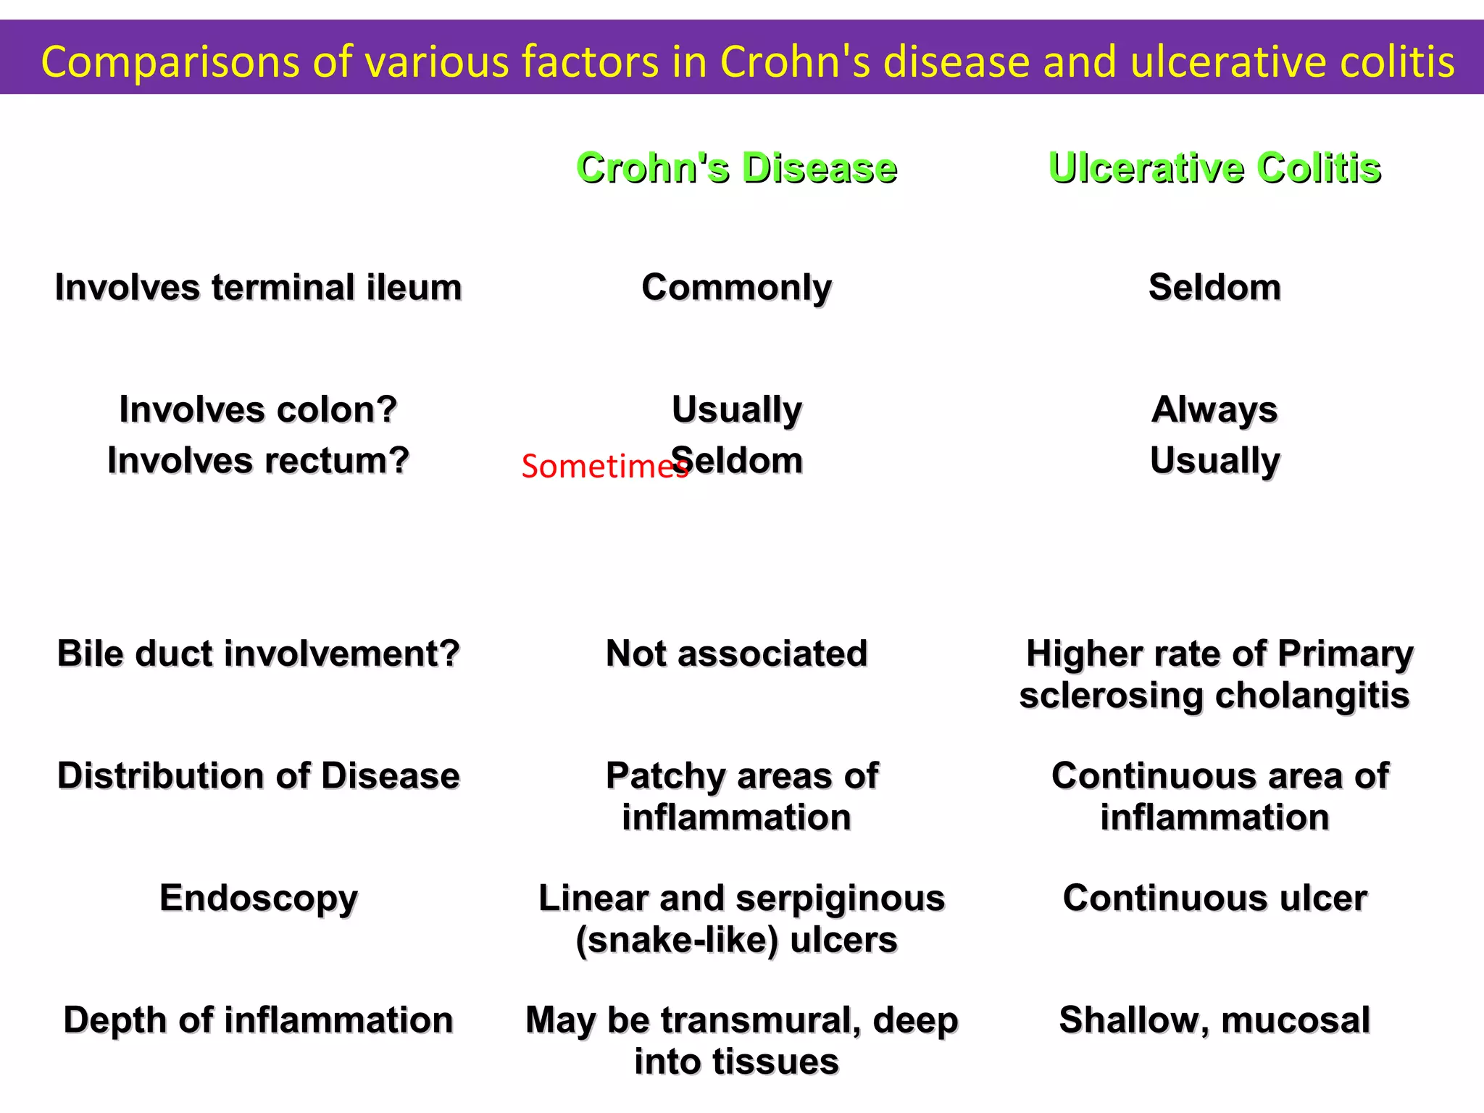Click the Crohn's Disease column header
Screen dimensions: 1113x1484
(736, 168)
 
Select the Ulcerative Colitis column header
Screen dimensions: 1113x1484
(1214, 168)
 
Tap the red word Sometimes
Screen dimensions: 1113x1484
(603, 467)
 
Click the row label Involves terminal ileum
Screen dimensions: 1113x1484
(258, 287)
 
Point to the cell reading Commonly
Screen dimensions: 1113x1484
(736, 287)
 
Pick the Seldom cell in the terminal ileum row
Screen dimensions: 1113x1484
(1214, 287)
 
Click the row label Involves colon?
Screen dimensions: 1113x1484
(258, 409)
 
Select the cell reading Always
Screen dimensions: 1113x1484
(1214, 409)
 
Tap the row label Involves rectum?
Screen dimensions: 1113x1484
(258, 460)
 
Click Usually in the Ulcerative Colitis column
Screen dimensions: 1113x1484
(1214, 460)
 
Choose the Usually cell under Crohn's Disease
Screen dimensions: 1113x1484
(736, 409)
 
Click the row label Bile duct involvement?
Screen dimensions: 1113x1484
(258, 654)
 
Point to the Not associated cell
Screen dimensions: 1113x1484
(736, 654)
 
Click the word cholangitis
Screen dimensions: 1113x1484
(1312, 696)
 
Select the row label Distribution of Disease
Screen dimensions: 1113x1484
(258, 775)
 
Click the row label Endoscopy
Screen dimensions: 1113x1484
(258, 898)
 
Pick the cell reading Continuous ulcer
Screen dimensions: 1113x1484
(1214, 898)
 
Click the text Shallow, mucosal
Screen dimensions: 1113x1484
(1214, 1020)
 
